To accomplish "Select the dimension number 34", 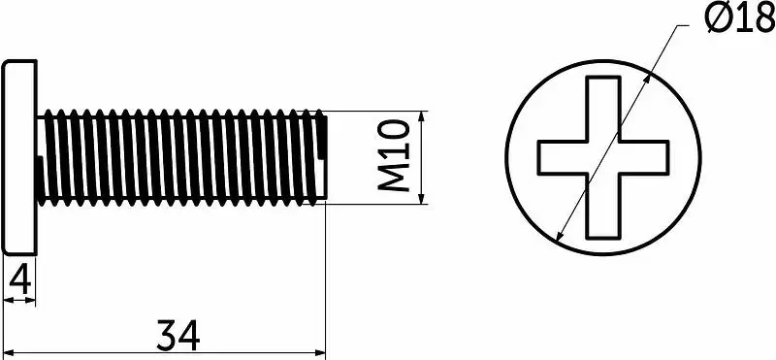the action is (178, 335).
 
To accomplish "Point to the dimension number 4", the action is (20, 281).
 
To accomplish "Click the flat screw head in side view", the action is (20, 157).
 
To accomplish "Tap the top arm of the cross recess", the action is (602, 109).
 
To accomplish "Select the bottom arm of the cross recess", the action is (602, 206).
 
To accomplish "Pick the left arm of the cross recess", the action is (563, 157).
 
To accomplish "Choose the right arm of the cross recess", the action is (644, 157).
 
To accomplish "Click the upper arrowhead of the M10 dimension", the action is (421, 116).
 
